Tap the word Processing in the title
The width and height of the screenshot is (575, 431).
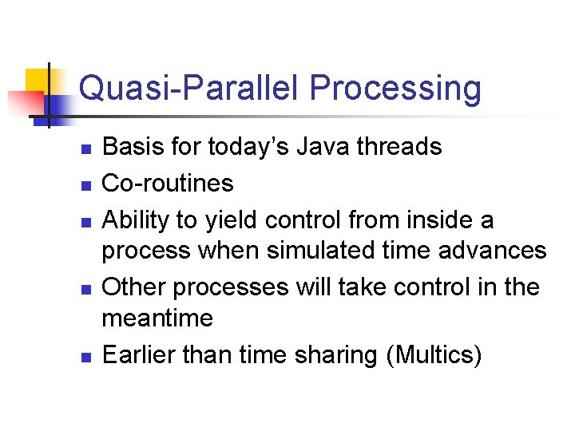395,89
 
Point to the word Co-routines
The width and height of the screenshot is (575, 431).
168,183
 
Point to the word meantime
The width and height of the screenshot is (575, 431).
157,318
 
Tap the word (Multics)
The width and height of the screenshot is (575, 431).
434,354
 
